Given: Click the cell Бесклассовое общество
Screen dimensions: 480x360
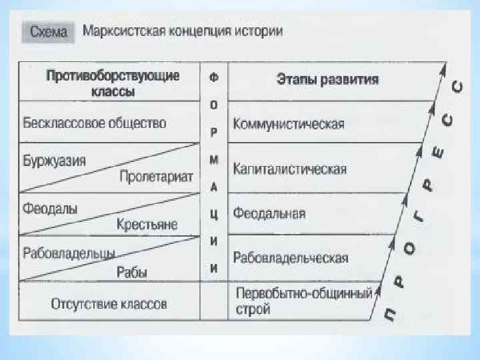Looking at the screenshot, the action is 94,123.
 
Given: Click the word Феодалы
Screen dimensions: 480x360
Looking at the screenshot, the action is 50,208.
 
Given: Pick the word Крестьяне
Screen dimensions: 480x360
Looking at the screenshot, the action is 147,225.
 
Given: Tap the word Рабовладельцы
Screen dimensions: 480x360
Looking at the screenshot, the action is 69,254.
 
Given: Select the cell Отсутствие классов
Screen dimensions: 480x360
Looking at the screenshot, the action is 109,305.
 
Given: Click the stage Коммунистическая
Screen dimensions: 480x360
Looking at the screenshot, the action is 288,124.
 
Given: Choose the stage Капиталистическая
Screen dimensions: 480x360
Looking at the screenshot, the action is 289,169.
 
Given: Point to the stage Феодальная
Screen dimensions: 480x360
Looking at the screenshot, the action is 269,213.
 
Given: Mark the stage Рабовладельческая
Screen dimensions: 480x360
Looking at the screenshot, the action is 291,258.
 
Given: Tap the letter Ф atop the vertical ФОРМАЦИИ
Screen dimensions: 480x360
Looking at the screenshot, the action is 213,77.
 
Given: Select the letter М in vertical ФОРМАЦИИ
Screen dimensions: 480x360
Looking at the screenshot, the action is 213,162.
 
